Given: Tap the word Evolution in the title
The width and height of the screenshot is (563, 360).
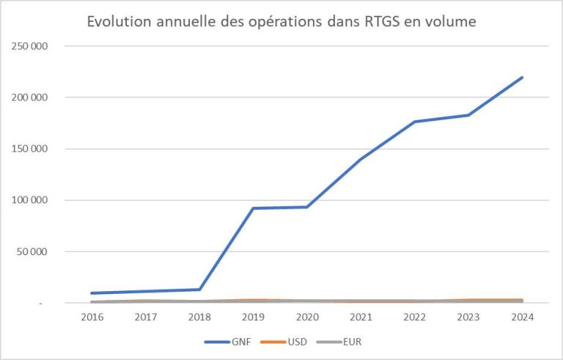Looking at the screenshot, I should pos(117,21).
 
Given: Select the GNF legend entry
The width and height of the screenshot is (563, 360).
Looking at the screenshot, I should pos(243,341).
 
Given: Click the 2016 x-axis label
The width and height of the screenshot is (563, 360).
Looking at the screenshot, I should pos(92,317).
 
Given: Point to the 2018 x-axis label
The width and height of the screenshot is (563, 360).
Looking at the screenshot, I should pos(199,317).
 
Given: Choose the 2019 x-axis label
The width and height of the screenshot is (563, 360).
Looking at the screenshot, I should pos(253,317).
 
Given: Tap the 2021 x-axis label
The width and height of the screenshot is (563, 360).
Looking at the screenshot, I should pos(361,317).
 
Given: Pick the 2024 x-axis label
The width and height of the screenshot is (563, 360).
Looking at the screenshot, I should pos(522,317).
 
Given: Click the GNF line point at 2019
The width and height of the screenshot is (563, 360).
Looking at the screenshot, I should pos(253,208).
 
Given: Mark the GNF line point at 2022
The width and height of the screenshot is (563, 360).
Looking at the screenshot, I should pos(414,122).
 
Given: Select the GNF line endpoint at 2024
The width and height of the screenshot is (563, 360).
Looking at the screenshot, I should pos(522,77).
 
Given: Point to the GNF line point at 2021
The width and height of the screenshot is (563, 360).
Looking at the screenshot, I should pos(361,159).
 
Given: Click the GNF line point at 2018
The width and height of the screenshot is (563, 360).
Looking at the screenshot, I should pos(199,289).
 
